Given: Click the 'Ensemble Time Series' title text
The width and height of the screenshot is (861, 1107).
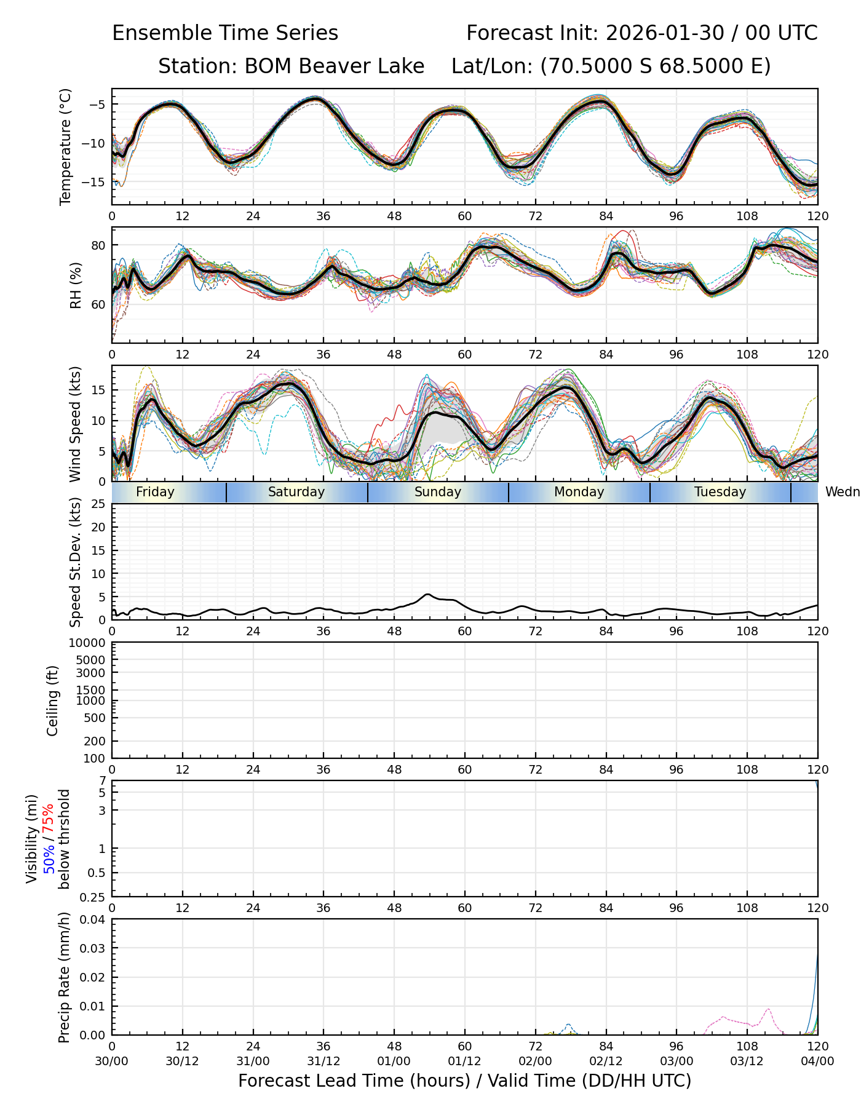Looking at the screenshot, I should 225,33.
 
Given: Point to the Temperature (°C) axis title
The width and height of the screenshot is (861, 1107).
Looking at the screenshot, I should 66,146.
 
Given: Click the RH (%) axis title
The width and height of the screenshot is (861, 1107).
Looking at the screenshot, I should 76,285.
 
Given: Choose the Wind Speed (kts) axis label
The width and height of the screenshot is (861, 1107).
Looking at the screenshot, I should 76,424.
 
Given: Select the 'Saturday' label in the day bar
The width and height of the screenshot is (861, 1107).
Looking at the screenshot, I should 296,492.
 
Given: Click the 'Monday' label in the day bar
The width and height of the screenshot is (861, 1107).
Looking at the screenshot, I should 579,492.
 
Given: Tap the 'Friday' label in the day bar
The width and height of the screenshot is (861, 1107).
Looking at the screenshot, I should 155,492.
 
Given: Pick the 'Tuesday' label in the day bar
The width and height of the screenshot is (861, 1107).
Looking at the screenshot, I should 720,492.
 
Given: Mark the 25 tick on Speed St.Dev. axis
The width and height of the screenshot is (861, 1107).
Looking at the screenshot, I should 98,504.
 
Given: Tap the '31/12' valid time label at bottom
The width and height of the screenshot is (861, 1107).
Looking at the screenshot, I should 323,1061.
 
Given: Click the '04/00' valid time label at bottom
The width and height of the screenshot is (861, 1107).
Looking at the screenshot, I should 817,1061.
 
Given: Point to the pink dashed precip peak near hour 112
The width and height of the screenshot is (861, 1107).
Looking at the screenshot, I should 768,1009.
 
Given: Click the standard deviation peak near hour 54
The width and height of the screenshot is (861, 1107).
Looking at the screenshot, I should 428,594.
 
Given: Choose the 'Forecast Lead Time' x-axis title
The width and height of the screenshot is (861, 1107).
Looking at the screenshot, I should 464,1081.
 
